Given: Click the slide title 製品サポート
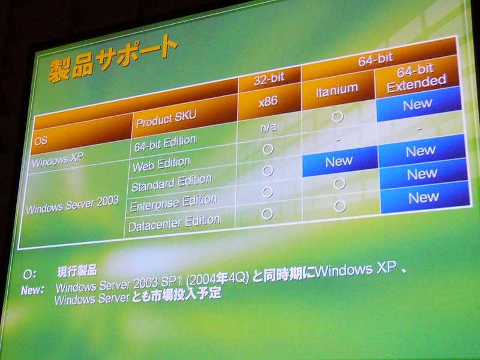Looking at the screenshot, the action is coord(113,59).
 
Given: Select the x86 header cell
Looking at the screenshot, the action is coord(268,101).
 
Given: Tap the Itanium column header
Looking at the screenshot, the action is coord(337,89).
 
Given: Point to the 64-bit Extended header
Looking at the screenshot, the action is coord(416,78).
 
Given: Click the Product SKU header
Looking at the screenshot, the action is coord(166,118).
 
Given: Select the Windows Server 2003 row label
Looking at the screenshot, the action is coord(73,205).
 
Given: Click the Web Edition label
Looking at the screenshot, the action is coord(161,164).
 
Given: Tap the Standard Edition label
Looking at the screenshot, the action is coord(172,182).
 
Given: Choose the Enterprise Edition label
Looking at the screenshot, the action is coord(173,202).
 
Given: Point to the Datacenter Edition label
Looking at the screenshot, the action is coord(174,223).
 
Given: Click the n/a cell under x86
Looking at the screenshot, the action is coord(268,127).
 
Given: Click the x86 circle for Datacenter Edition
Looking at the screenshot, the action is coord(267,214).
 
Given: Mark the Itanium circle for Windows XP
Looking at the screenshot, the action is coord(338,116).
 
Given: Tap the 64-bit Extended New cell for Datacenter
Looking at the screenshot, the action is coord(425,197).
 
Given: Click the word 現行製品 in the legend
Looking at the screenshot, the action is coord(77,271).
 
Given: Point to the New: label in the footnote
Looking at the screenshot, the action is coord(32,290).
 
